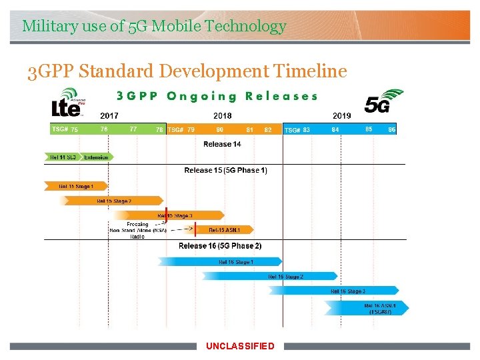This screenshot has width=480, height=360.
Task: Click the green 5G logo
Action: pyautogui.click(x=383, y=101)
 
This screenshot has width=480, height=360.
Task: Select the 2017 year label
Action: pyautogui.click(x=109, y=116)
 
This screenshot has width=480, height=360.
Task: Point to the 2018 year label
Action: pyautogui.click(x=223, y=116)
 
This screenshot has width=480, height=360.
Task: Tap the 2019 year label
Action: pyautogui.click(x=341, y=116)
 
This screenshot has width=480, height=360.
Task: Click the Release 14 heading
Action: pyautogui.click(x=222, y=144)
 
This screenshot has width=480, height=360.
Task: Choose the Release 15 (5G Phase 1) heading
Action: pyautogui.click(x=225, y=171)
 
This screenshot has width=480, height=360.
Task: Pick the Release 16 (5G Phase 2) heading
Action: pyautogui.click(x=220, y=246)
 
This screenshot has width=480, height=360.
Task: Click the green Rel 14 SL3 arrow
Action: pyautogui.click(x=63, y=157)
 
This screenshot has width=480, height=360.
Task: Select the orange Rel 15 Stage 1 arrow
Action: pyautogui.click(x=75, y=186)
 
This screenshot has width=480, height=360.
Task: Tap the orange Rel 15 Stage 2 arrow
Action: pyautogui.click(x=113, y=201)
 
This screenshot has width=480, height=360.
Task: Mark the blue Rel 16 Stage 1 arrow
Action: pyautogui.click(x=235, y=262)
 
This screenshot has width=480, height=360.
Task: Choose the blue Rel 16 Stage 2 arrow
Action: pyautogui.click(x=285, y=277)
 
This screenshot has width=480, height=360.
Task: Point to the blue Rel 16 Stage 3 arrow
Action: pyautogui.click(x=347, y=291)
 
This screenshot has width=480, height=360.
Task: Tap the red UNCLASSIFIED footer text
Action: pyautogui.click(x=240, y=346)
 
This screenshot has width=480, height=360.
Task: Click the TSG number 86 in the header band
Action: pyautogui.click(x=391, y=129)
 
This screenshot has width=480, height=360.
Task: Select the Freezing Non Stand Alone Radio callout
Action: pyautogui.click(x=137, y=230)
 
